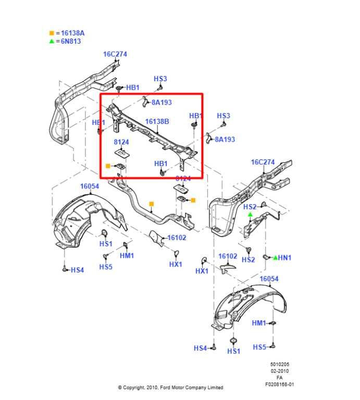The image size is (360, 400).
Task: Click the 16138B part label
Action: pos(157,122)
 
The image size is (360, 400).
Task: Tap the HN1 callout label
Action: pos(285,257)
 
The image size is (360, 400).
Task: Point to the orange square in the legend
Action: pos(51,33)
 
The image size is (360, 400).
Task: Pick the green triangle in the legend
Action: pos(51,41)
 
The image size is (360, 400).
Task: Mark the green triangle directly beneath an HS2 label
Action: pos(250,214)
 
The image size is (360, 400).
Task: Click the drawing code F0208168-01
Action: pos(280,384)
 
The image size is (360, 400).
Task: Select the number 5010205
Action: pos(280,364)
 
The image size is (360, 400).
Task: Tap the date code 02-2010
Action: pos(280,371)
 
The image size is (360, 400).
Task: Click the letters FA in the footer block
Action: pos(280,378)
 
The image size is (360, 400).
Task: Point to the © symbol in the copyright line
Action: pos(119,387)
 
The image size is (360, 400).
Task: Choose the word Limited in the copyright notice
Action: pos(214,387)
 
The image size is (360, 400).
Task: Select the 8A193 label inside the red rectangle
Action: pos(162,103)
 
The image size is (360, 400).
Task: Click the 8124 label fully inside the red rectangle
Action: pos(121,142)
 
